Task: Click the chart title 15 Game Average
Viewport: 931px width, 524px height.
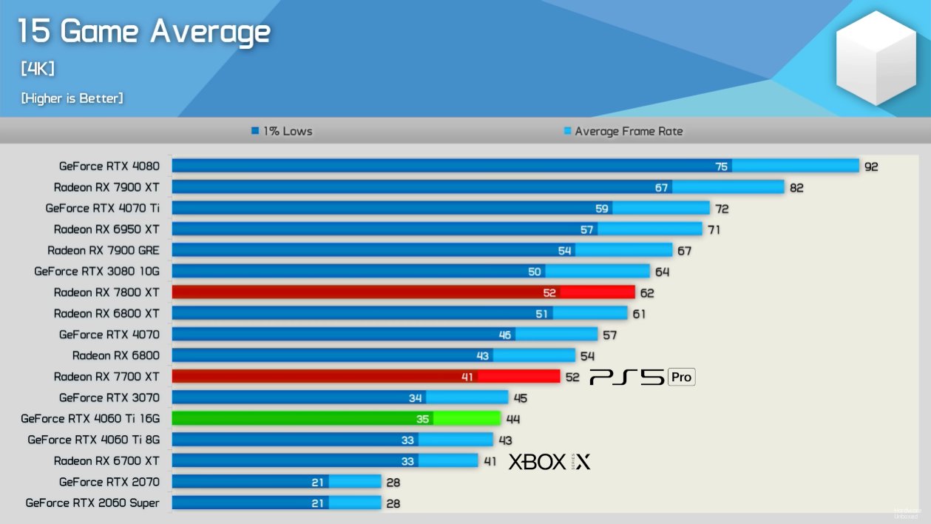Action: (x=143, y=32)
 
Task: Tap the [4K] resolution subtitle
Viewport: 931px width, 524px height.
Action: (x=37, y=69)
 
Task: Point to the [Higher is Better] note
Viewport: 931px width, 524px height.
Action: (x=72, y=98)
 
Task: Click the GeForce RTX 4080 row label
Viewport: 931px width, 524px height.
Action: (x=109, y=166)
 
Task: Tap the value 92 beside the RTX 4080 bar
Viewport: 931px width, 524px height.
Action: (x=871, y=167)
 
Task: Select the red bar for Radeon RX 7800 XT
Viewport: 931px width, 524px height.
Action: (x=403, y=292)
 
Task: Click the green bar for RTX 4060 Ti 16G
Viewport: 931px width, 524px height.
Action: (x=336, y=418)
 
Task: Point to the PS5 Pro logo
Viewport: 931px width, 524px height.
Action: (x=642, y=377)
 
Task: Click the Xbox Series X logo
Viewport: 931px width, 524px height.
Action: (x=549, y=462)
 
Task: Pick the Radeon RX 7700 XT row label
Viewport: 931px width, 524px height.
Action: (x=106, y=376)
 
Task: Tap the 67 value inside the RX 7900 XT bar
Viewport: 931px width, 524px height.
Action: (x=661, y=187)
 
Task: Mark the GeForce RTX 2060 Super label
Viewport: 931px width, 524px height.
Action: (x=92, y=503)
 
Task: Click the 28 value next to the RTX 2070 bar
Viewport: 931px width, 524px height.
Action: (x=393, y=482)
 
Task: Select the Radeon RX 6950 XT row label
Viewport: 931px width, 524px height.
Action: (x=106, y=229)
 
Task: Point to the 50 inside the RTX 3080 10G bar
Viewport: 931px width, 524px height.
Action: (x=535, y=272)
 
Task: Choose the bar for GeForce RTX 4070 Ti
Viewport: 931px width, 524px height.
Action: (x=440, y=208)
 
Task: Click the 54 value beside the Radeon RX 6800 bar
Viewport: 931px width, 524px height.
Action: (x=587, y=356)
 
